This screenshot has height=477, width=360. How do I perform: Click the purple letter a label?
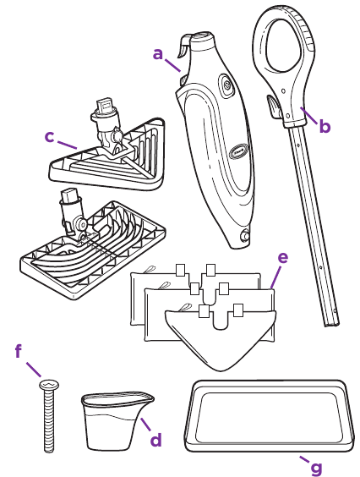[x=158, y=54]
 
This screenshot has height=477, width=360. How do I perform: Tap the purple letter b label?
[x=325, y=126]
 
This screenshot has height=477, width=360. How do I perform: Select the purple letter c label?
[x=49, y=137]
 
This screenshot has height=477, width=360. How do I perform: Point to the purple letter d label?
[x=156, y=440]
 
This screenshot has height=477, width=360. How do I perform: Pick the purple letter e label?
[x=283, y=258]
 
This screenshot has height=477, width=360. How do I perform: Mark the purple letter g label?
[x=317, y=469]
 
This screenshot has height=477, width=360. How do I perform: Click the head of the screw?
[x=49, y=385]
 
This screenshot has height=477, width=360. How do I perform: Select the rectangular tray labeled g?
[x=270, y=416]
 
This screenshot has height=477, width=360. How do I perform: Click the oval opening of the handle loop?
[x=285, y=46]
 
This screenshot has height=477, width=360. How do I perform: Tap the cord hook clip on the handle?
[x=274, y=107]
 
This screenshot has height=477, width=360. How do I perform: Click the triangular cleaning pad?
[x=221, y=337]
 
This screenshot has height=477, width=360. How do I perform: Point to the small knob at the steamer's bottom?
[x=244, y=236]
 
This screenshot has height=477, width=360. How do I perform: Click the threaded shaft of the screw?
[x=49, y=420]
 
